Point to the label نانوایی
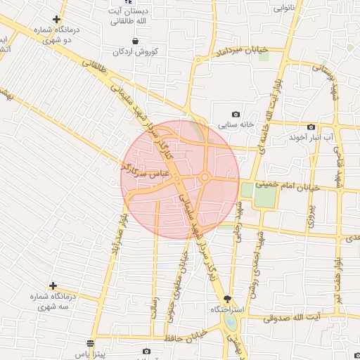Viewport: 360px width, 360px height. tap(293, 8)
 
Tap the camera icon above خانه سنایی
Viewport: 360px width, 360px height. tap(236, 115)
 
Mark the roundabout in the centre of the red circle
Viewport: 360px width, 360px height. tap(205, 177)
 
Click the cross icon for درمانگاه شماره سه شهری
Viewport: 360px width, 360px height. tap(54, 287)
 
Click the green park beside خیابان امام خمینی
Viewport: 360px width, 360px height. tap(263, 196)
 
